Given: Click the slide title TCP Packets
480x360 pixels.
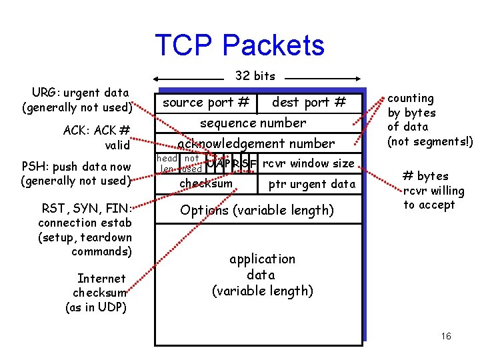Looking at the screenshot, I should pos(240,45).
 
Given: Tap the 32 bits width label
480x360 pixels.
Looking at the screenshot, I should pos(255,76).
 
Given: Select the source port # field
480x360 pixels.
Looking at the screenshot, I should pos(206,103).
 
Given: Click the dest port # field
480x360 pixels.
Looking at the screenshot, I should pos(309,103).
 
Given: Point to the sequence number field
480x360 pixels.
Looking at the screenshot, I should pos(253,123).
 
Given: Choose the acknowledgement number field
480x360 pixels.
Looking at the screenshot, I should pos(256,143).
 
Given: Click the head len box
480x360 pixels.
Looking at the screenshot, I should pos(167,163).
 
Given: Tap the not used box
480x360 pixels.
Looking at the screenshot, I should pos(192,163).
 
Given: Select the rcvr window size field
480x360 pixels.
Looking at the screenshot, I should pos(309,163).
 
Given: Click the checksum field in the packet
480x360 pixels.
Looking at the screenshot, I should pos(207,184).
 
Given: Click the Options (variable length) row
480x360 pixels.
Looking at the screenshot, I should pos(257,210).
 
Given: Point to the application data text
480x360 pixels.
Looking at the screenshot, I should pos(261,275).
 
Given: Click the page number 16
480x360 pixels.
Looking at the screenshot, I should pos(446,336).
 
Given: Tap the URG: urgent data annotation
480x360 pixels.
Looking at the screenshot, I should pos(77,100).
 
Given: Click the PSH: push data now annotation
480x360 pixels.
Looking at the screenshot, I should pos(76,173).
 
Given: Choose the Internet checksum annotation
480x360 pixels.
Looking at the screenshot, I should pos(100,293).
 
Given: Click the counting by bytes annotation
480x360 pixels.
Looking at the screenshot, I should pos(429,120).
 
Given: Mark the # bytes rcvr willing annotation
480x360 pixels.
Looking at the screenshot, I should pos(433,191).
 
